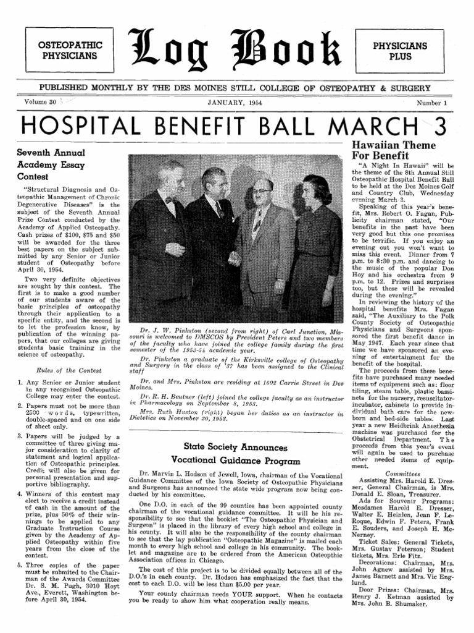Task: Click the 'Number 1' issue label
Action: click(431, 102)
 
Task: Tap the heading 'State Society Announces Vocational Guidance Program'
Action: click(235, 453)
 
